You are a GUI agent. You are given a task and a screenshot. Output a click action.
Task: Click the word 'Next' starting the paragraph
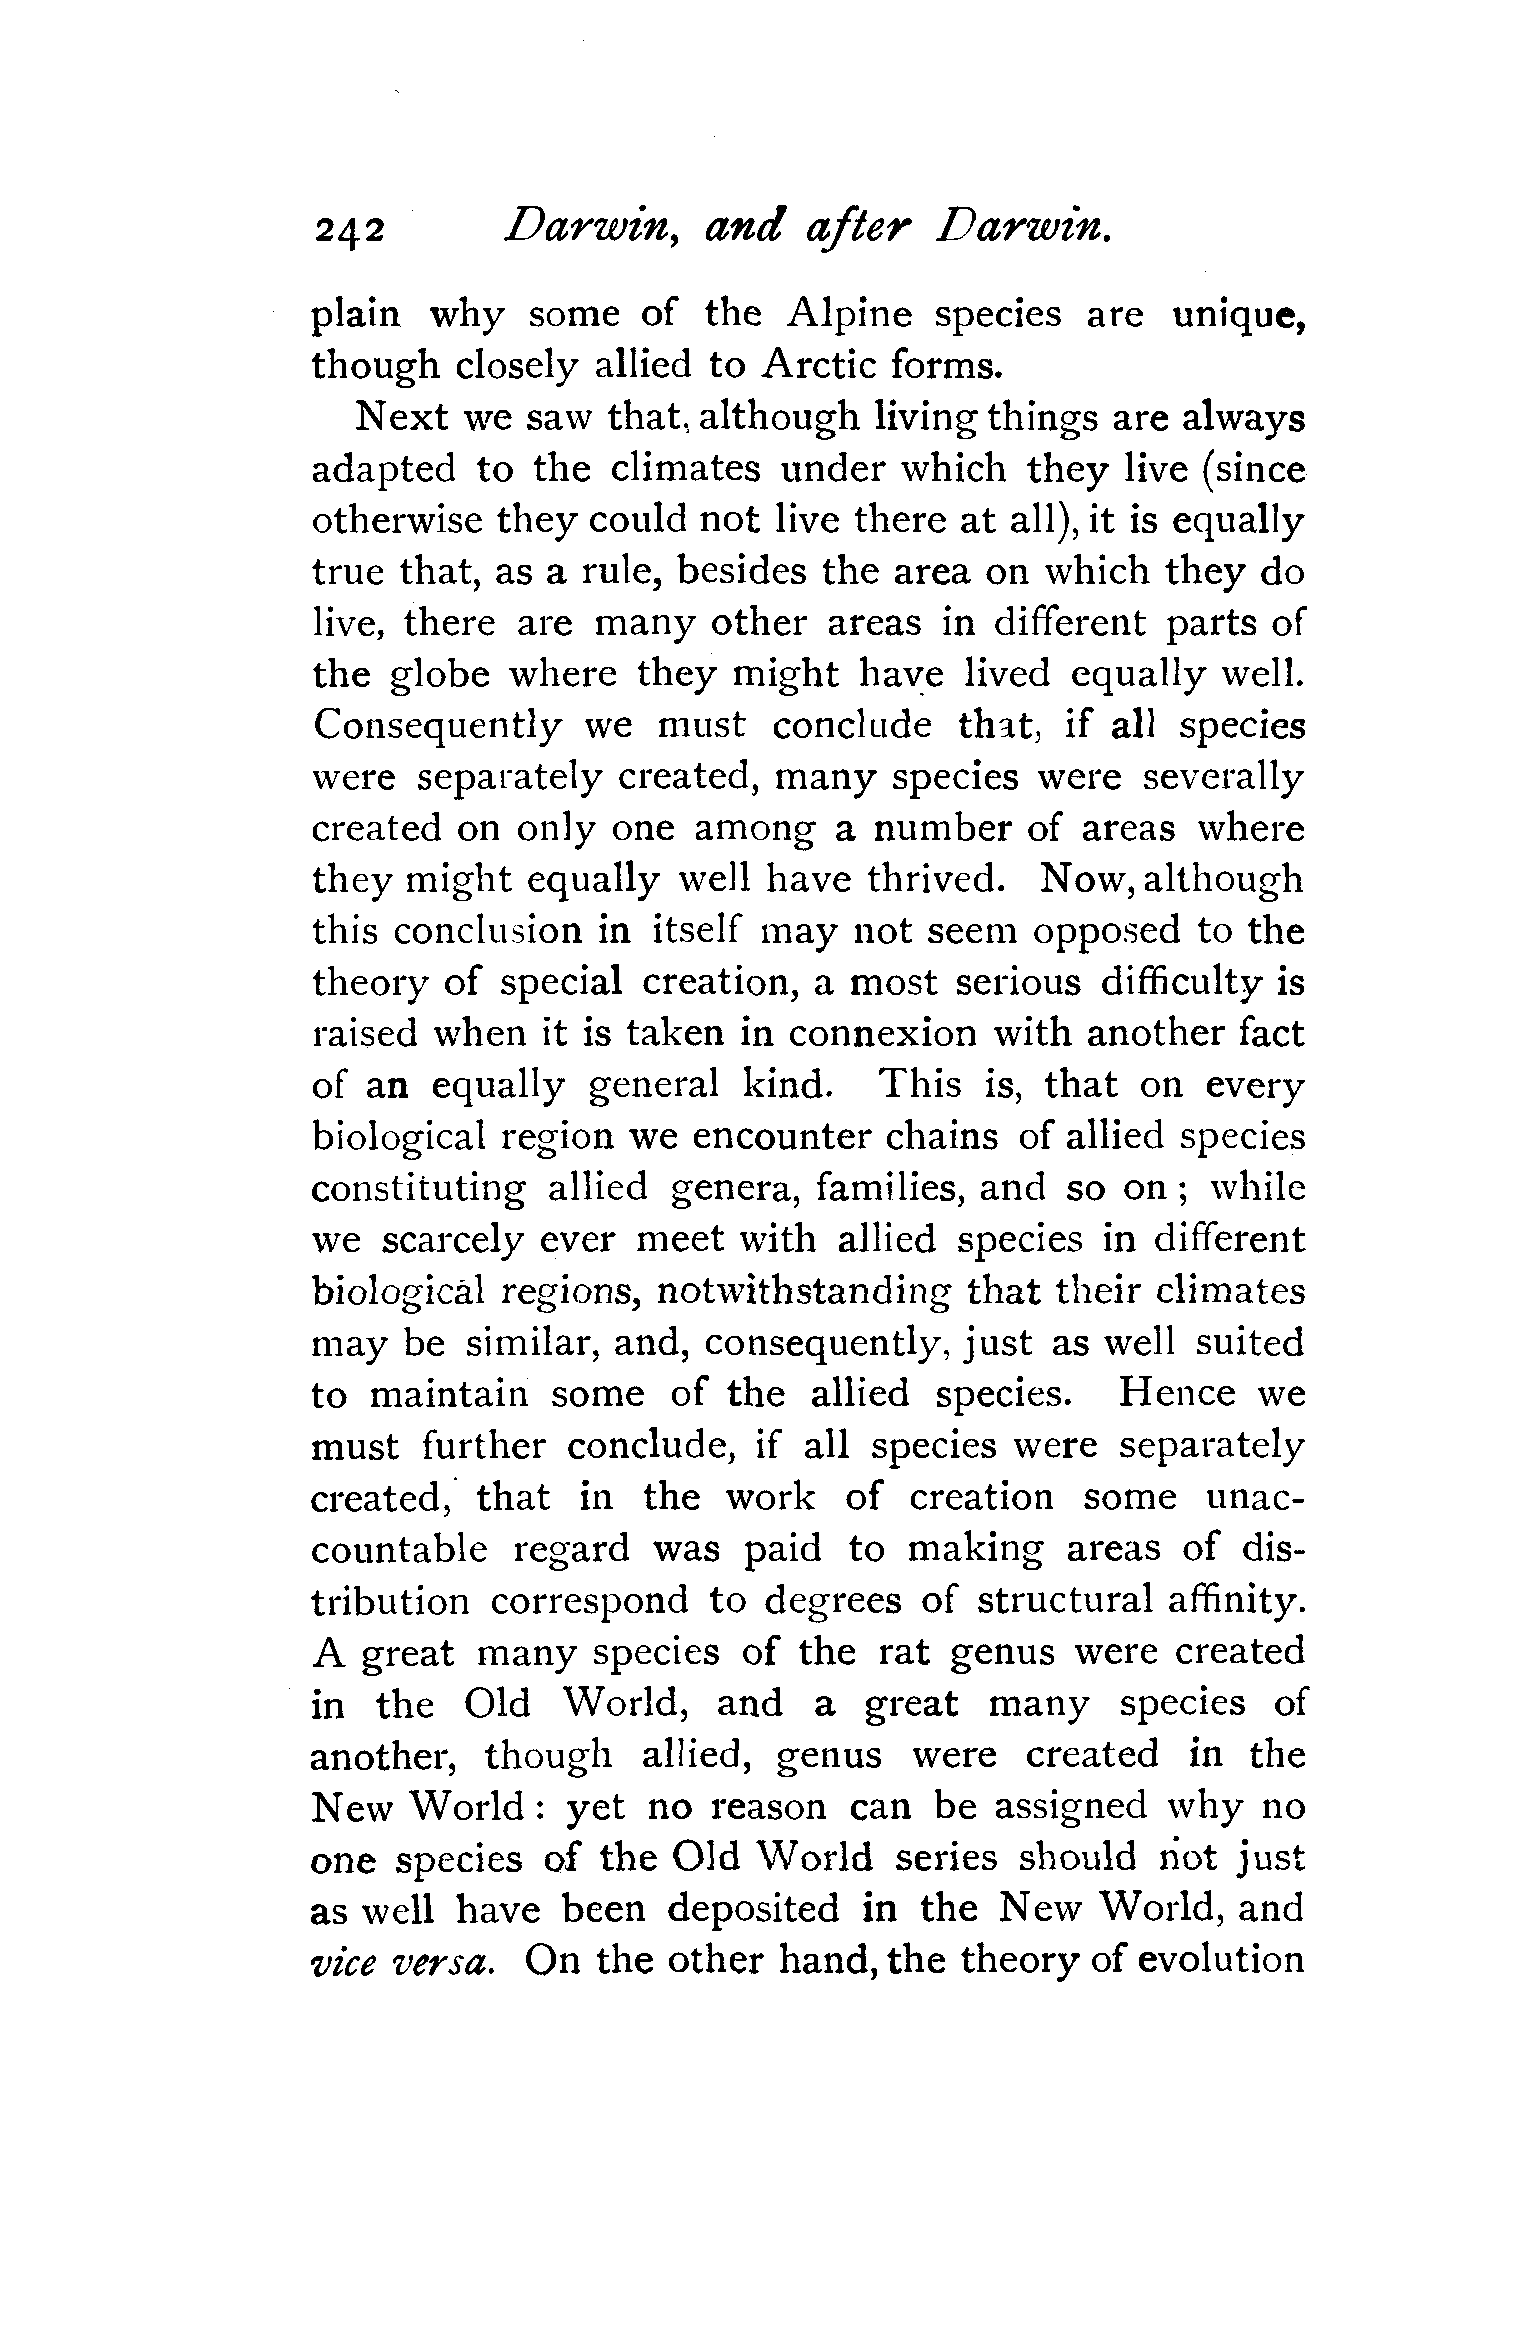click(397, 418)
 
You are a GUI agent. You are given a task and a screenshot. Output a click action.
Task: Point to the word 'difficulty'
click(1180, 983)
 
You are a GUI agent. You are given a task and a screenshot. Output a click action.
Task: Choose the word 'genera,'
click(732, 1188)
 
